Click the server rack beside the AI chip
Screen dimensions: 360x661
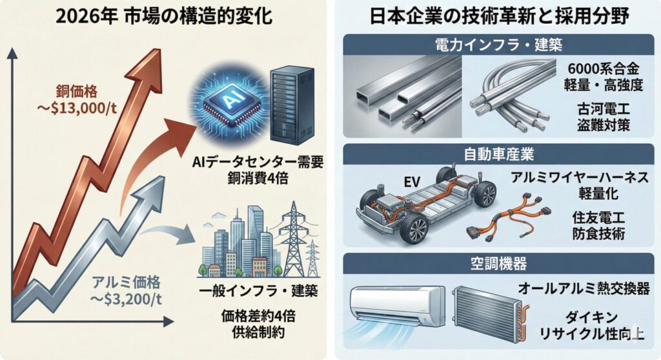click(292, 103)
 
